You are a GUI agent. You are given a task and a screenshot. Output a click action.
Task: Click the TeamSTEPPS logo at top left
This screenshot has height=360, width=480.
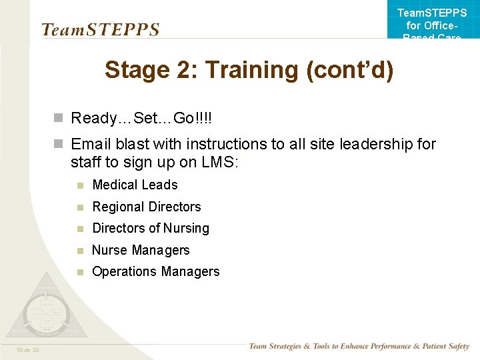pos(100,30)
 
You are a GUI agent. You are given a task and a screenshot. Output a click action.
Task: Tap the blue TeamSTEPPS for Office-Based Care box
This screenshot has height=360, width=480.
pos(432,21)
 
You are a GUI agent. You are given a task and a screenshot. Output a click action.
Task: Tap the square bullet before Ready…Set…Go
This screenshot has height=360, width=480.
pos(59,119)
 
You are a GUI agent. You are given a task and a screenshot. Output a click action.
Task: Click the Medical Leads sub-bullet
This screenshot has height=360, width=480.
pos(135,185)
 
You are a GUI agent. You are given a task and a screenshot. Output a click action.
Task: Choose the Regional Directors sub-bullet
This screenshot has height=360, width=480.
pos(146,207)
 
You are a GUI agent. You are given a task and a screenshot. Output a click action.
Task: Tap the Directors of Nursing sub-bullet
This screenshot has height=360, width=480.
pos(151,228)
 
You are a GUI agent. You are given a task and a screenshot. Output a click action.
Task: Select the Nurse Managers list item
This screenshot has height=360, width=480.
pos(141,250)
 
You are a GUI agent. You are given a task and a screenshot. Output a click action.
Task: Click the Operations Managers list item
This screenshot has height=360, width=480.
pos(155,271)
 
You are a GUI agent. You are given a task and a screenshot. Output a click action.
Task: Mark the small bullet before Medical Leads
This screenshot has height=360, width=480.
pos(79,185)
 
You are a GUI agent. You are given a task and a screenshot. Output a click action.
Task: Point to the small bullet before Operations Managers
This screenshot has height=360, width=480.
pos(79,272)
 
